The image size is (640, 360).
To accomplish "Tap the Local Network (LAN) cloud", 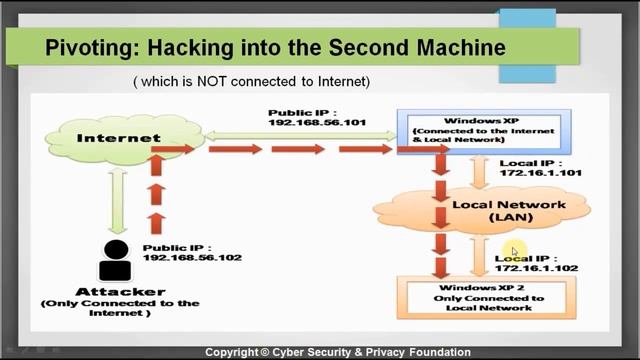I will (481, 209).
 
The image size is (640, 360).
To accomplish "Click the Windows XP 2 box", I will (481, 294).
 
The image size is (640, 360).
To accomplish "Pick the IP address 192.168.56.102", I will (192, 257).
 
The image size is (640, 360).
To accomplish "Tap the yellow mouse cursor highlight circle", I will (513, 251).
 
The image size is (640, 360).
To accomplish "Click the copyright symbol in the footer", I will (266, 352).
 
